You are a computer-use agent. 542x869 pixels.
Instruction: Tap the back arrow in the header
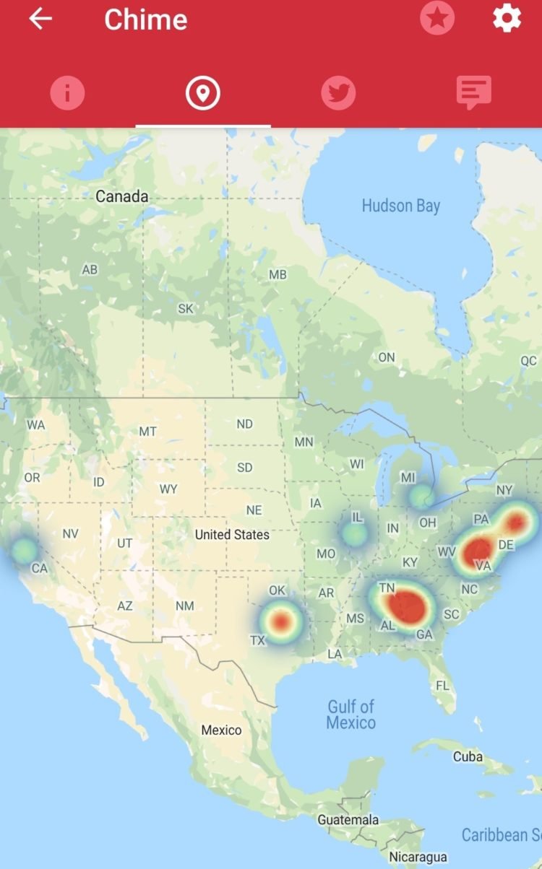pyautogui.click(x=40, y=19)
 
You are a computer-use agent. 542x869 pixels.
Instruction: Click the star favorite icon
pyautogui.click(x=437, y=19)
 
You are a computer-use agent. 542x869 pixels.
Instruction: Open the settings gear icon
pyautogui.click(x=507, y=19)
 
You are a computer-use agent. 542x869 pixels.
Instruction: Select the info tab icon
pyautogui.click(x=67, y=93)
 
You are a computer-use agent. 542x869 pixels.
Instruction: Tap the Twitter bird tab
pyautogui.click(x=338, y=93)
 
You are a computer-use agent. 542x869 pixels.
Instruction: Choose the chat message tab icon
pyautogui.click(x=473, y=93)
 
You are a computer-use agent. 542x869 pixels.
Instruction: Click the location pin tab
pyautogui.click(x=202, y=93)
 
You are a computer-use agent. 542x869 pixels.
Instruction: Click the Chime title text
pyautogui.click(x=145, y=19)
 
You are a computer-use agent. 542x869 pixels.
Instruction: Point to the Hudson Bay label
pyautogui.click(x=400, y=206)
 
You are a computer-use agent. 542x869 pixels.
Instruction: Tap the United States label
pyautogui.click(x=232, y=535)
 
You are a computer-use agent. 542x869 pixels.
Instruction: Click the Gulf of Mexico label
pyautogui.click(x=351, y=715)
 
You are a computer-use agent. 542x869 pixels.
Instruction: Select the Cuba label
pyautogui.click(x=468, y=756)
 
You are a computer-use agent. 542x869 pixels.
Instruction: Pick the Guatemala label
pyautogui.click(x=348, y=820)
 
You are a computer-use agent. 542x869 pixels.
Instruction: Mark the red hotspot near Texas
pyautogui.click(x=282, y=621)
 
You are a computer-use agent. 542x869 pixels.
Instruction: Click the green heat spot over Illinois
pyautogui.click(x=354, y=534)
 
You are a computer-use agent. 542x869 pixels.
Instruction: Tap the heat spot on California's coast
pyautogui.click(x=24, y=550)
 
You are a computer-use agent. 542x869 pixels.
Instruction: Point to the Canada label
pyautogui.click(x=122, y=196)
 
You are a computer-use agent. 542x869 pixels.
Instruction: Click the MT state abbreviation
pyautogui.click(x=147, y=432)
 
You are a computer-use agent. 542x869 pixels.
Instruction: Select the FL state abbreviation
pyautogui.click(x=442, y=685)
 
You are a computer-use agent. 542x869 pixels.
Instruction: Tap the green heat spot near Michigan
pyautogui.click(x=421, y=497)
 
